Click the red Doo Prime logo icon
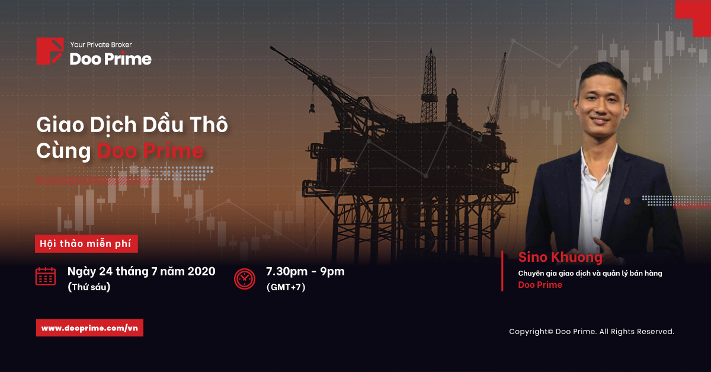[x=50, y=51]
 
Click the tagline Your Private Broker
[x=101, y=45]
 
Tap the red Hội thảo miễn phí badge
[x=87, y=244]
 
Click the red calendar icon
[x=46, y=277]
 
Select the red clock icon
[x=244, y=278]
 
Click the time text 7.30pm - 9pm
[x=305, y=272]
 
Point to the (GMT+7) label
[x=286, y=287]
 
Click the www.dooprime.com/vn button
[x=89, y=328]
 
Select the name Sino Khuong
[x=561, y=257]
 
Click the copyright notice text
[x=592, y=332]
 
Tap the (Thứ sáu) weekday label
[x=89, y=287]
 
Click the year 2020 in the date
[x=201, y=271]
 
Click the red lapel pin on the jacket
[x=627, y=201]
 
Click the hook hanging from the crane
[x=312, y=108]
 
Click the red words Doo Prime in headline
[x=150, y=151]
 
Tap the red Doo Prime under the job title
[x=540, y=285]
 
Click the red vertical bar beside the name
[x=502, y=271]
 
